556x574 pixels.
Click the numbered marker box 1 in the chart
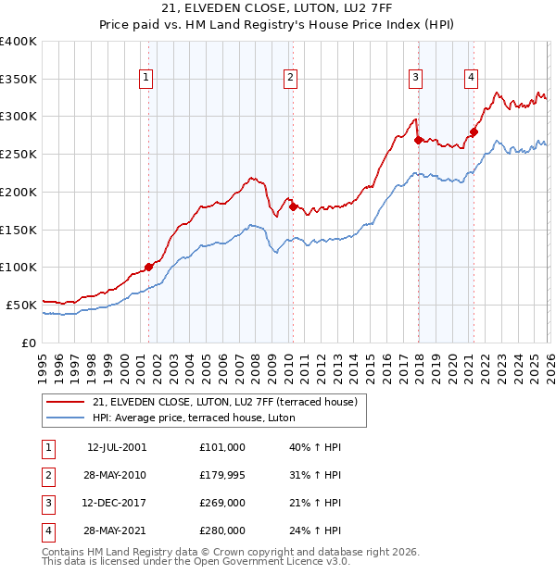[146, 79]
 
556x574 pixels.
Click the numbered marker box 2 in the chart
[290, 79]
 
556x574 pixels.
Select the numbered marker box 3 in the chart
[416, 79]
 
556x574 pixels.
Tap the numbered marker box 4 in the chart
[472, 79]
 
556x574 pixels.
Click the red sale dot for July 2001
[149, 267]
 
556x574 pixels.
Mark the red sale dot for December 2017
[418, 141]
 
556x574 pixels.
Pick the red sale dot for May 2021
[474, 132]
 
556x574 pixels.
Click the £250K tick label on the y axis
[19, 155]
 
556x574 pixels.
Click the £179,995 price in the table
[222, 475]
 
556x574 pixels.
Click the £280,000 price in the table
[222, 530]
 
